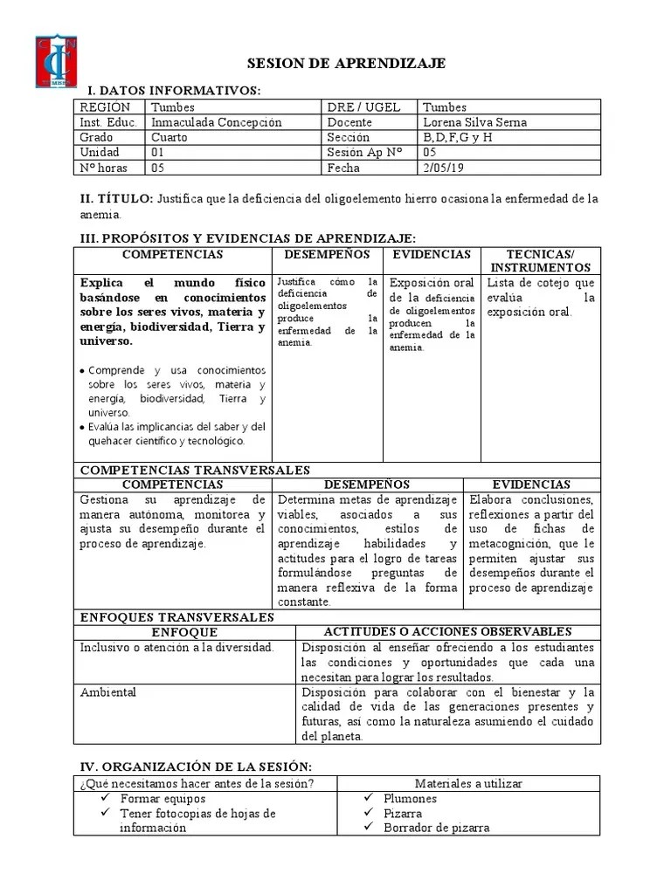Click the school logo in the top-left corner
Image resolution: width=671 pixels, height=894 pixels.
tap(57, 61)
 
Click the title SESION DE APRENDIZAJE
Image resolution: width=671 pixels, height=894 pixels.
tap(347, 64)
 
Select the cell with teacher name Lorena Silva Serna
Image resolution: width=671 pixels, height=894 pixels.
tap(474, 122)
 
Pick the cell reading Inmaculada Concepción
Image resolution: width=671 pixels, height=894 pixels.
tap(216, 122)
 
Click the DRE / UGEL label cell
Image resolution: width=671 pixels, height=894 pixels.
tap(363, 107)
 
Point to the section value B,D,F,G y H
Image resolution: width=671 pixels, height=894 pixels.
tap(458, 137)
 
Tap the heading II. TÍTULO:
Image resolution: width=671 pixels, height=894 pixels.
tap(117, 199)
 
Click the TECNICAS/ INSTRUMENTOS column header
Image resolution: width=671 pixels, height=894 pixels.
tap(540, 260)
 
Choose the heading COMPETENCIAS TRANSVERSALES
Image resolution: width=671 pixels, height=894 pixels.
tap(195, 470)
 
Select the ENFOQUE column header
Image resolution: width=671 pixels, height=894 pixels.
tap(184, 631)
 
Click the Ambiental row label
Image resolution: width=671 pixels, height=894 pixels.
tap(108, 692)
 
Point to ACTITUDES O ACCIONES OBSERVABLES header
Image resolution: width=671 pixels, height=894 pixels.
tap(447, 631)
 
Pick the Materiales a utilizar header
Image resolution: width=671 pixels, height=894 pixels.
tap(468, 783)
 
